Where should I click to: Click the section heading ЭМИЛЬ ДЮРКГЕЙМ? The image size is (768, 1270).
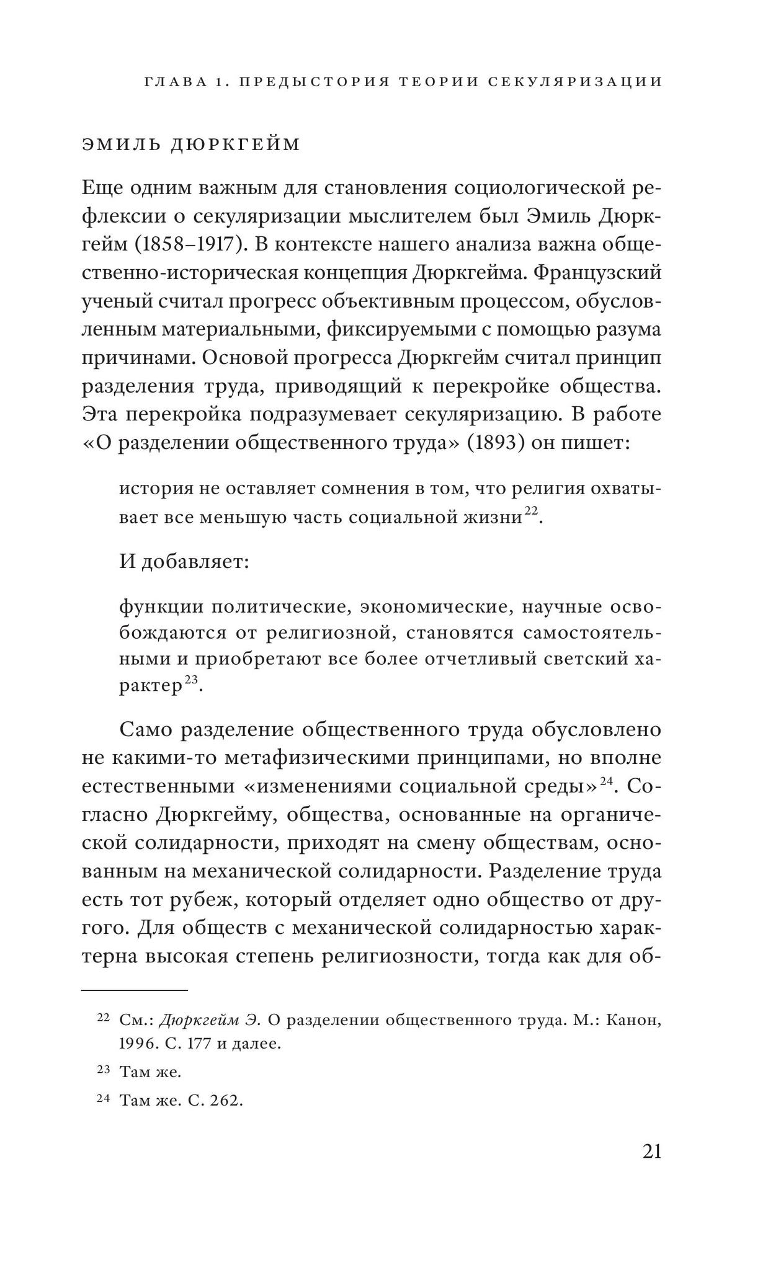pos(191,145)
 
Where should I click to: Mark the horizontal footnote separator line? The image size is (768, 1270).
pos(134,991)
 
